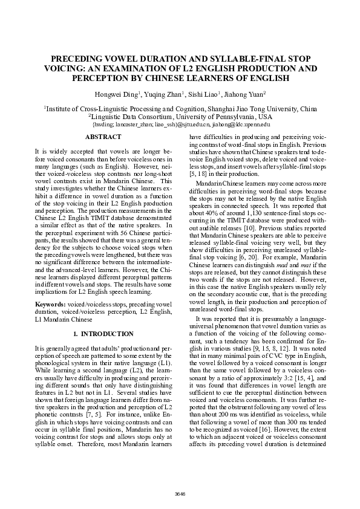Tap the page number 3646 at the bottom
180,494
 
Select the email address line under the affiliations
180,123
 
